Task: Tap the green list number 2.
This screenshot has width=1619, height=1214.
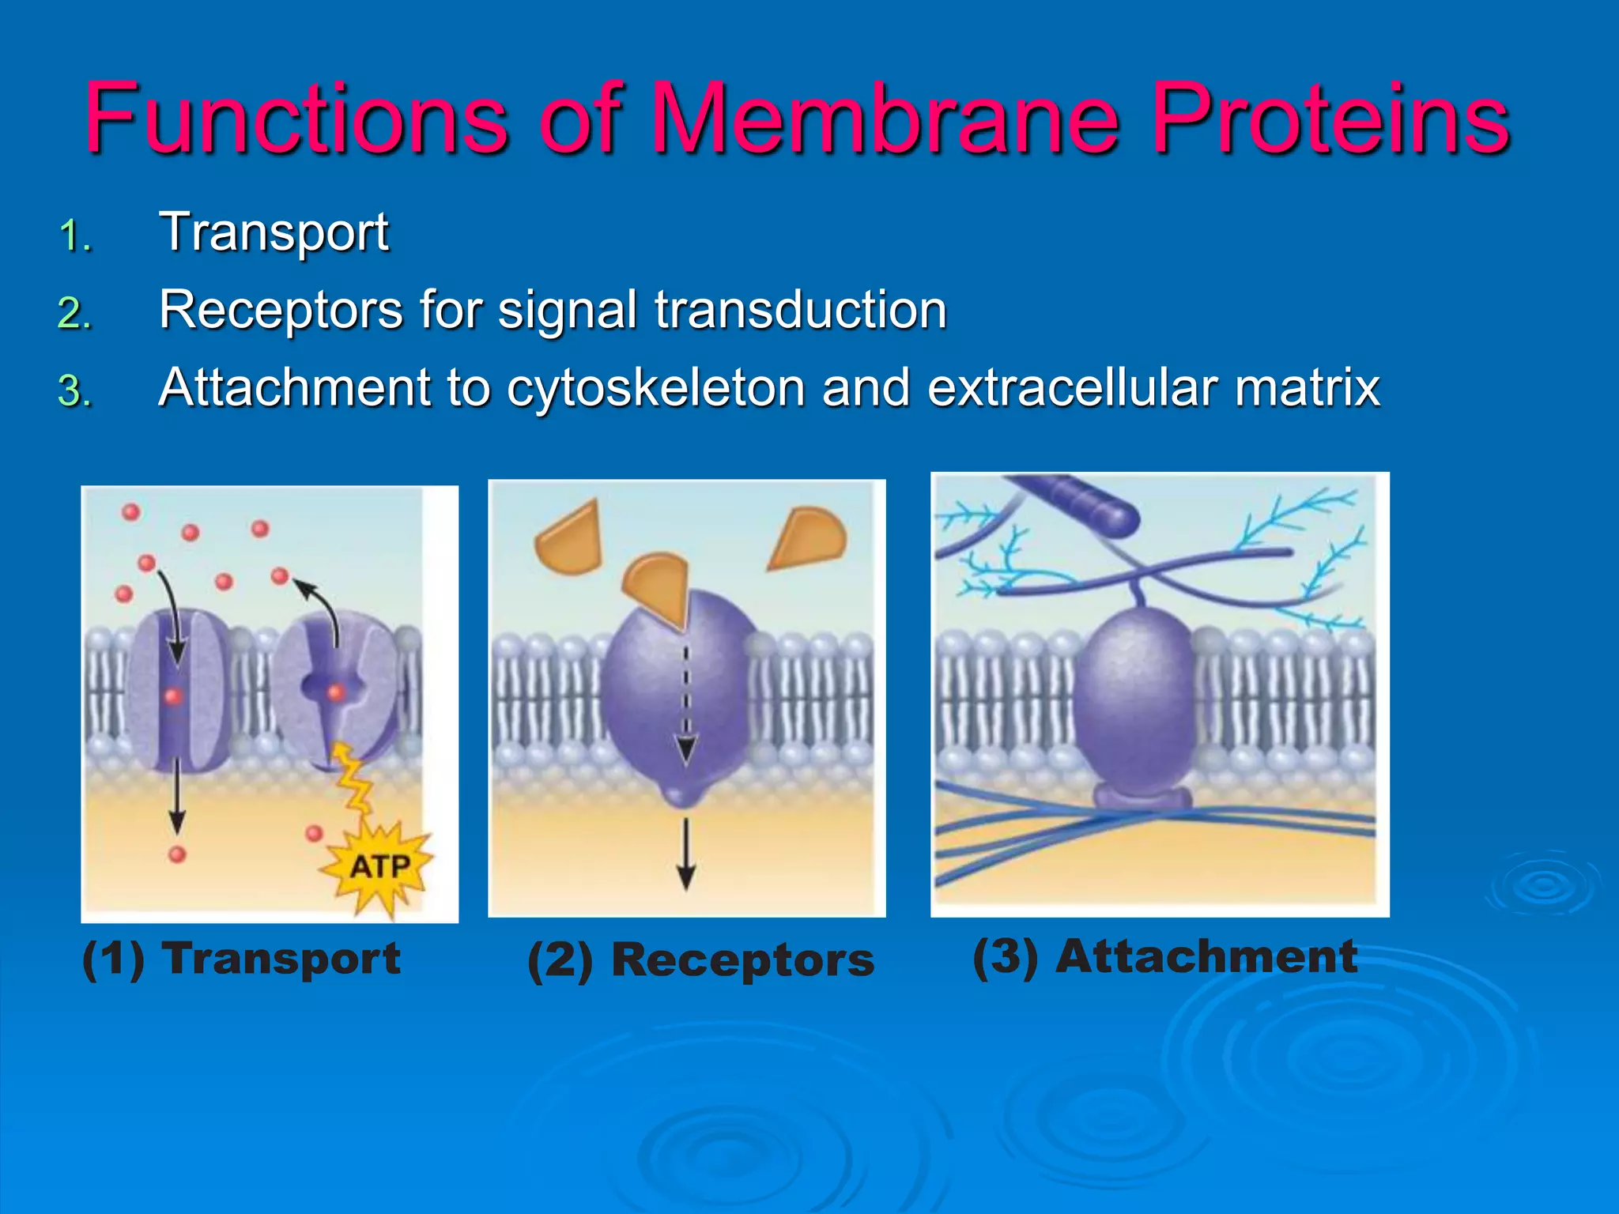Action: tap(75, 313)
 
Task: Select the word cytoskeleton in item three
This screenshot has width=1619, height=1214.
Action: tap(655, 389)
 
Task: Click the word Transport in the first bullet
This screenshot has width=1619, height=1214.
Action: tap(274, 232)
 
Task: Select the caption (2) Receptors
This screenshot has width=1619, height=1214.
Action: tap(700, 961)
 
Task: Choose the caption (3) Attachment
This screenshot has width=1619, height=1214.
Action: tap(1164, 956)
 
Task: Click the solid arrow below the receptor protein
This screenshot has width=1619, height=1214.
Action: tap(686, 854)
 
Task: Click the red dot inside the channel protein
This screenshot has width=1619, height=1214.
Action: tap(174, 696)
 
